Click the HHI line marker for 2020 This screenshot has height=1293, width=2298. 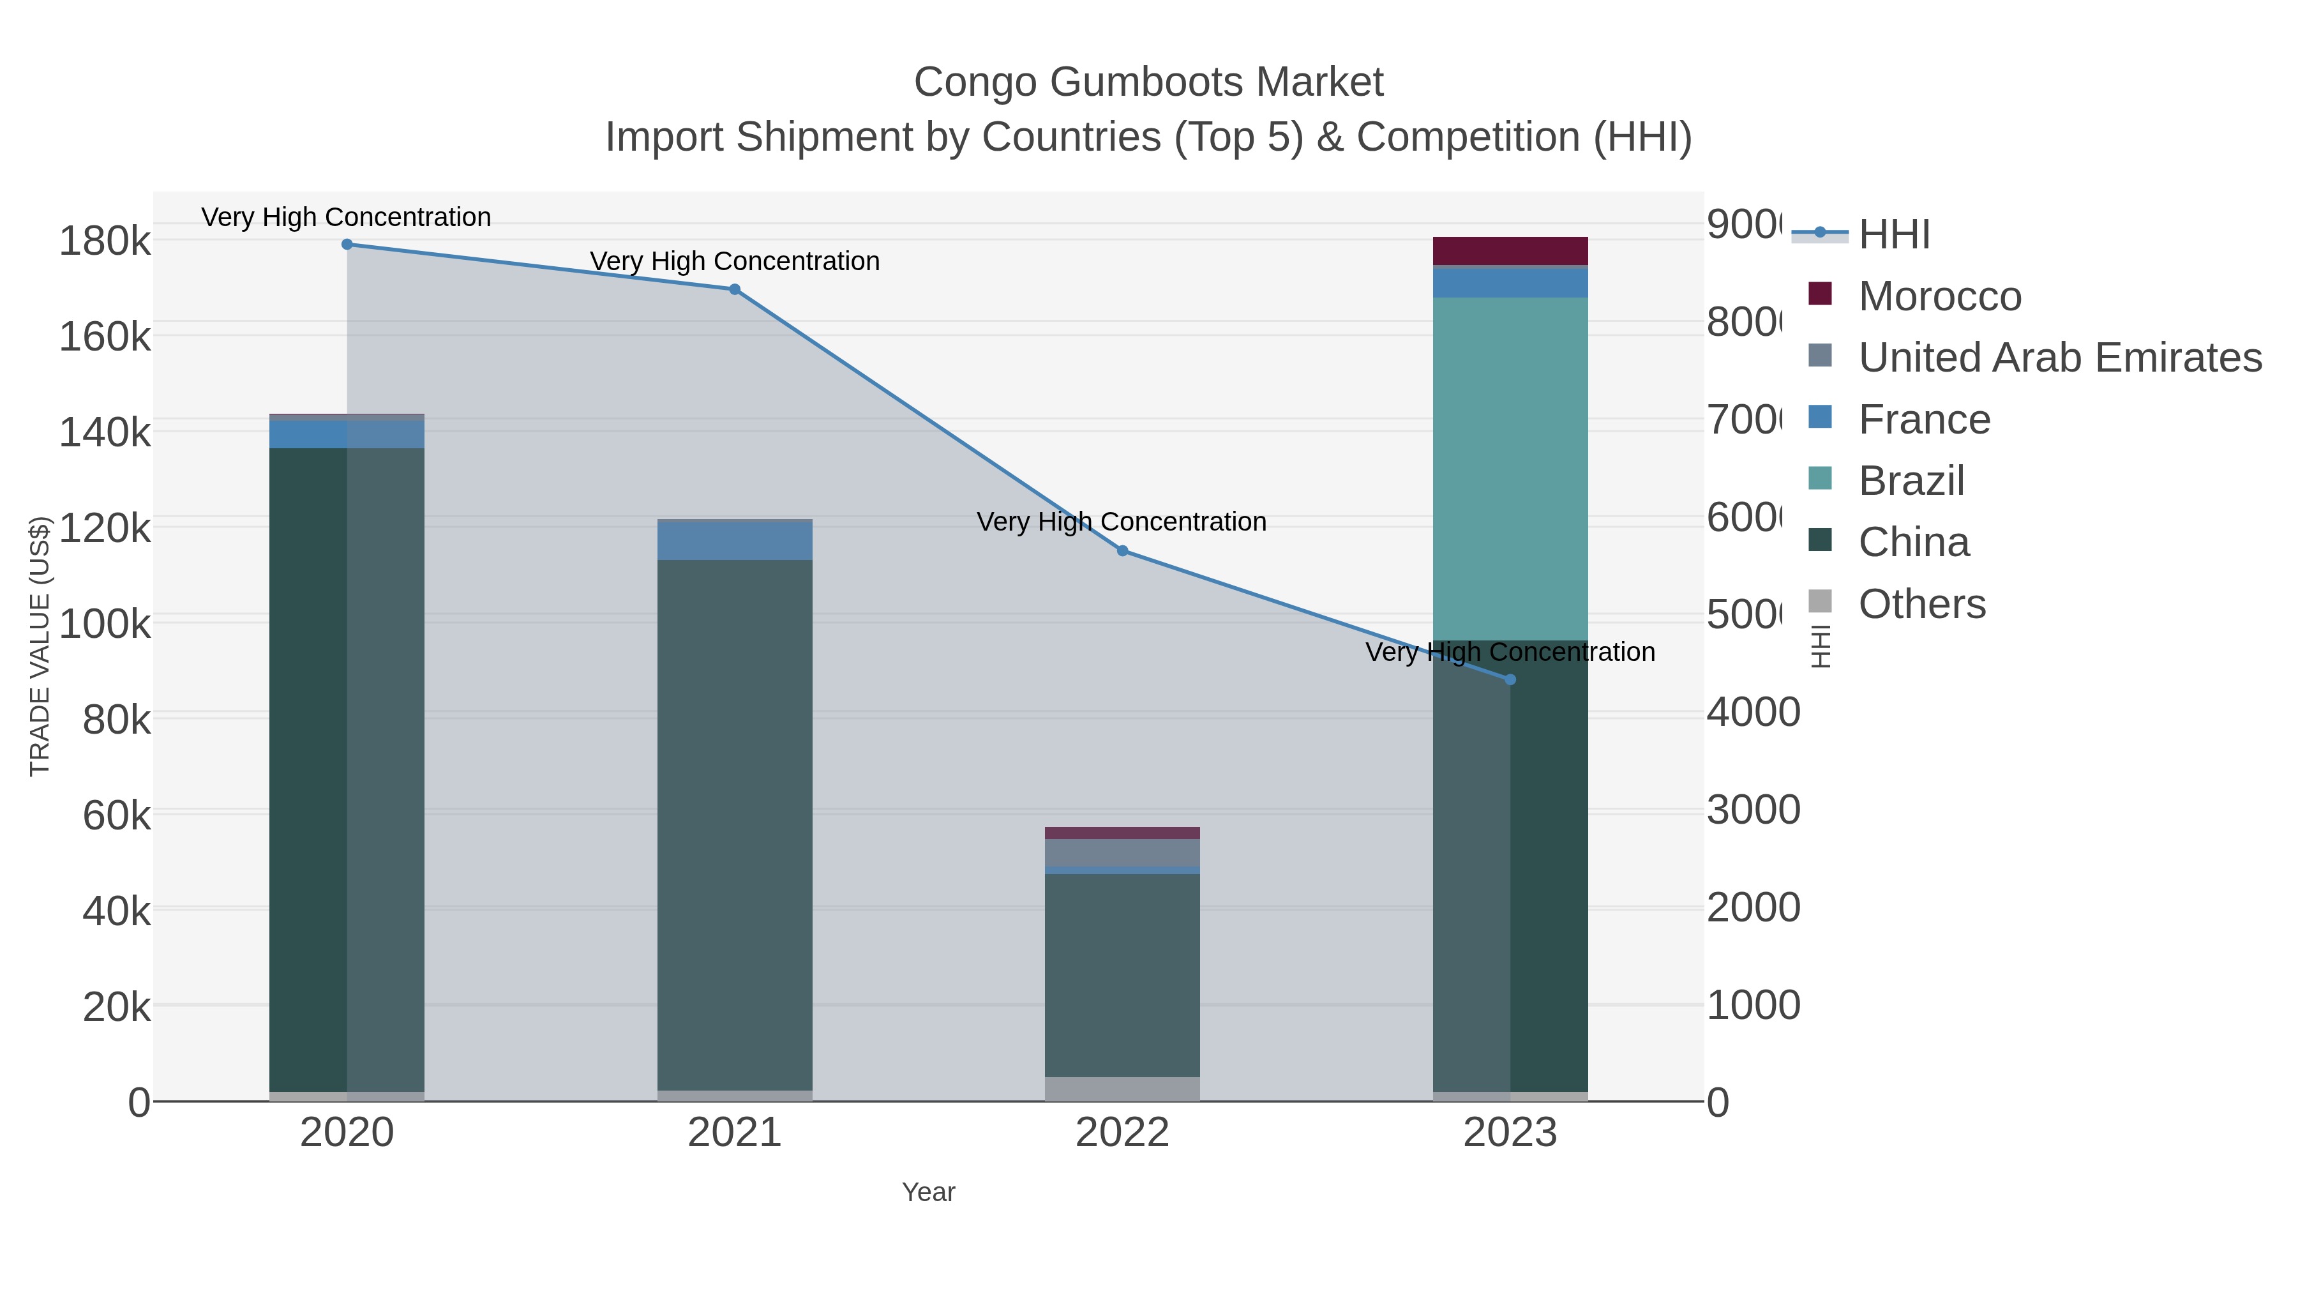pos(347,245)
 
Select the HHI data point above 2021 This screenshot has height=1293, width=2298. pos(734,289)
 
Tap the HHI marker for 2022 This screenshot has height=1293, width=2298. pos(1122,550)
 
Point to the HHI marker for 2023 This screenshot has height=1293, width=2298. pos(1510,680)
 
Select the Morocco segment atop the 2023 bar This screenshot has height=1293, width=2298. pos(1510,251)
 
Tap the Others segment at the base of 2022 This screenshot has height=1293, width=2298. pos(1122,1089)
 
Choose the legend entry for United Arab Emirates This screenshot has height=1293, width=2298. pos(2059,358)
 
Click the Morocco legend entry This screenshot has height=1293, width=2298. pos(1939,296)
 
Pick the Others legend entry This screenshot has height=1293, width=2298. pos(1921,604)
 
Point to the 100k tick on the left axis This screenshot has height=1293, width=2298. pos(105,624)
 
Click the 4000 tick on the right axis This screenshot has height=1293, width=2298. pos(1753,712)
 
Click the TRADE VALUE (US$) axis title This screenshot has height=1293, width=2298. pos(40,646)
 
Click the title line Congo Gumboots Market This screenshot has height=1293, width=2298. pos(1148,82)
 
